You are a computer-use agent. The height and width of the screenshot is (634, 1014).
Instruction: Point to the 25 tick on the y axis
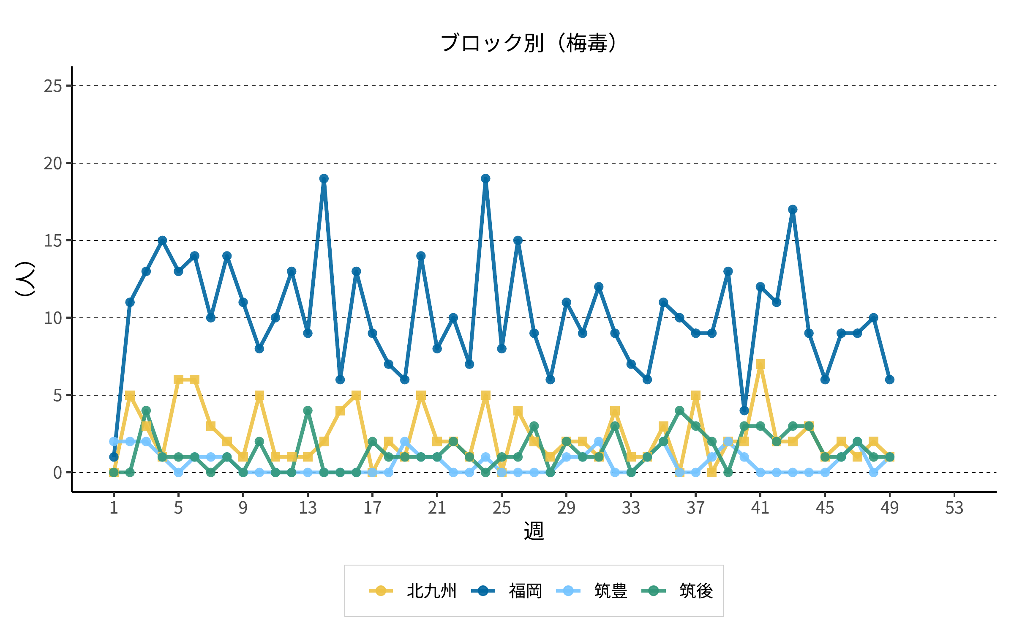(53, 86)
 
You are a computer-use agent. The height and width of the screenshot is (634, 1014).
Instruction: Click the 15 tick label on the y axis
(53, 241)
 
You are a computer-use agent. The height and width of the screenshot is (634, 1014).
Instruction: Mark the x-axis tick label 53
(954, 508)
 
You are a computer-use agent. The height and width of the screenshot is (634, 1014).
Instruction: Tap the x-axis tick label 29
(566, 508)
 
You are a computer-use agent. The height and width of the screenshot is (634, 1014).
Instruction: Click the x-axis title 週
(534, 531)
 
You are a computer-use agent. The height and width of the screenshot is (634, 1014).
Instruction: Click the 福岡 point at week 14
(324, 179)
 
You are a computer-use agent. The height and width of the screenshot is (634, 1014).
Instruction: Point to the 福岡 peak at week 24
(485, 179)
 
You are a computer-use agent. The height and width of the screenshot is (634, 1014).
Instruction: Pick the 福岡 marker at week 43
(793, 210)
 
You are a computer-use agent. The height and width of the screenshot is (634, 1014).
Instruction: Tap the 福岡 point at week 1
(114, 457)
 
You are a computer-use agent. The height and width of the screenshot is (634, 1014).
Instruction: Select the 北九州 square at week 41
(760, 364)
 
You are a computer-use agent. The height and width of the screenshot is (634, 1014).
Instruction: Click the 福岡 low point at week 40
(744, 410)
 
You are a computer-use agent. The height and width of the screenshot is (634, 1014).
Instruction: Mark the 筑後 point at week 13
(308, 410)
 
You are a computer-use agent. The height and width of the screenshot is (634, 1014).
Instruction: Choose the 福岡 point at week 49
(890, 380)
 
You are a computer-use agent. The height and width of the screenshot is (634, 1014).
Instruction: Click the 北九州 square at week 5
(178, 380)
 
